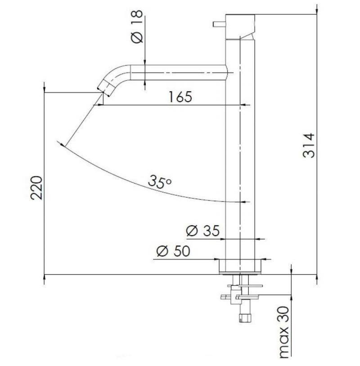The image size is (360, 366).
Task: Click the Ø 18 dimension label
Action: (x=137, y=27)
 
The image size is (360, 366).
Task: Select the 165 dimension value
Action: (x=180, y=97)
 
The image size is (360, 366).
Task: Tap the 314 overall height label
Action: (x=309, y=145)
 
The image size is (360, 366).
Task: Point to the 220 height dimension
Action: (x=36, y=187)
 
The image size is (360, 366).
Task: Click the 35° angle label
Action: (x=160, y=181)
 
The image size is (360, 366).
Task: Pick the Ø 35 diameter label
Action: (x=203, y=231)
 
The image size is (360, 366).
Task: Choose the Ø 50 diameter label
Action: (x=173, y=251)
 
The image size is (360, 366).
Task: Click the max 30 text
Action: (x=284, y=332)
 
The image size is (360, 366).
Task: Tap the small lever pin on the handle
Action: (x=219, y=24)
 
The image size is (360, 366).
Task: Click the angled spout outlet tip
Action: (x=103, y=89)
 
